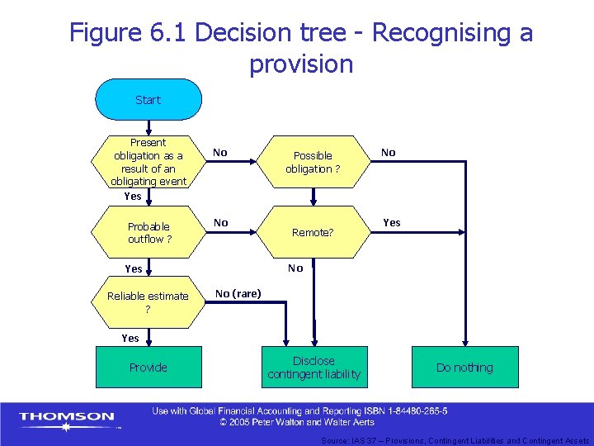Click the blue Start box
(148, 100)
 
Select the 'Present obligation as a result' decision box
(148, 162)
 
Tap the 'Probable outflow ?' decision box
(148, 233)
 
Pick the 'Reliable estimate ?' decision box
(148, 301)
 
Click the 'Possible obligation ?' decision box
(313, 162)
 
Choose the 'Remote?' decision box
(313, 233)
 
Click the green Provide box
(148, 368)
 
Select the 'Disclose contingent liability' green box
(313, 368)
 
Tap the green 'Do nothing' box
(464, 368)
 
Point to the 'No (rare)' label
(238, 293)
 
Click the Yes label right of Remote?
(392, 222)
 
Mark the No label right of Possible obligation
(388, 152)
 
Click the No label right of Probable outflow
(220, 222)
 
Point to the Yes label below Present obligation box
(132, 197)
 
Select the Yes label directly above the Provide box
(130, 338)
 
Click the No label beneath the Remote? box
(295, 268)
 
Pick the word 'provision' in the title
(300, 64)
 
